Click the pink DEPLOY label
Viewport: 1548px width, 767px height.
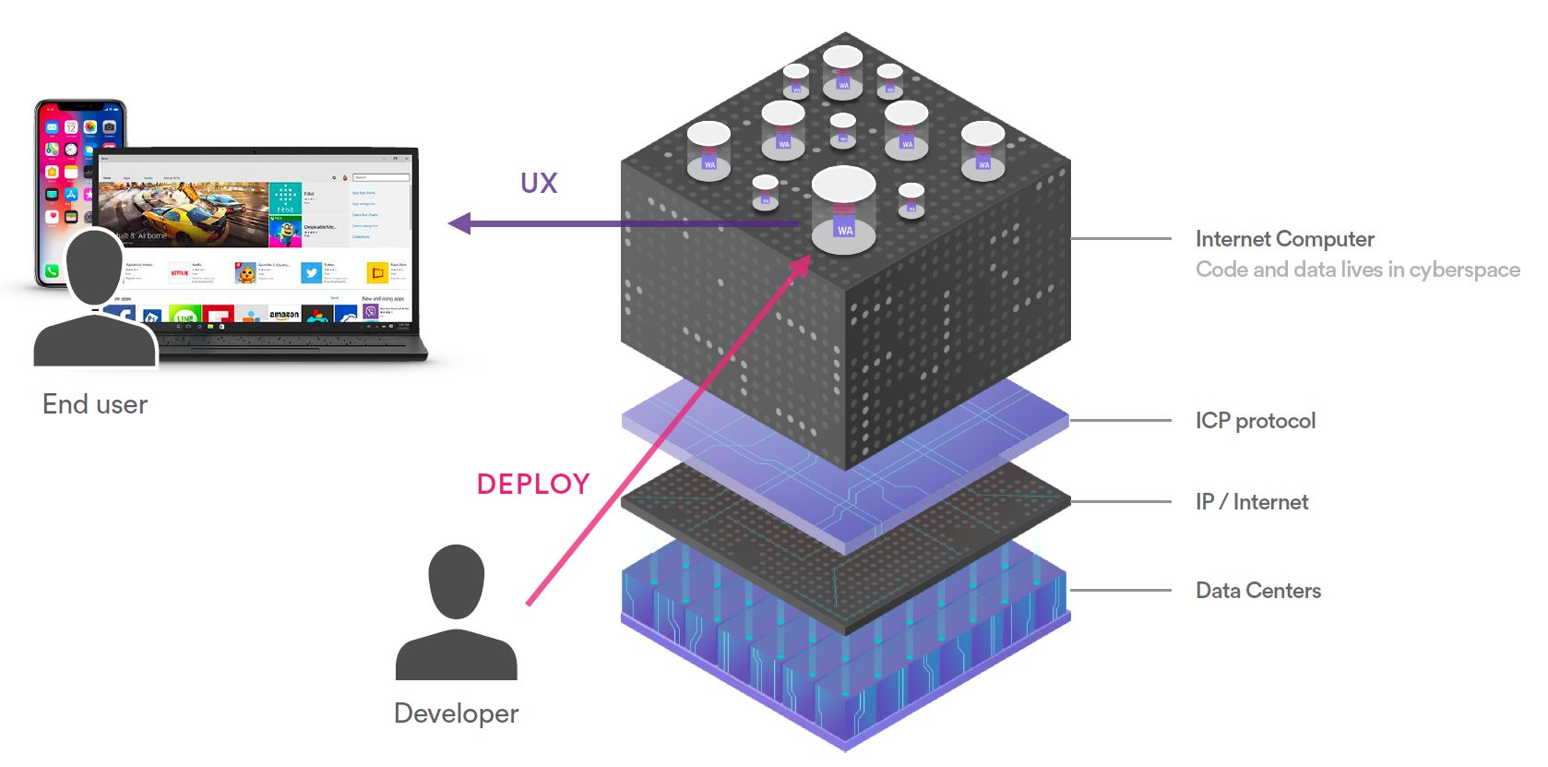[x=533, y=484]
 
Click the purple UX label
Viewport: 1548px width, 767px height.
[x=539, y=184]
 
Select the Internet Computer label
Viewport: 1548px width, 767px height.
[x=1284, y=239]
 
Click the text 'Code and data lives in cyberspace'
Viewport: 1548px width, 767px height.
[x=1357, y=270]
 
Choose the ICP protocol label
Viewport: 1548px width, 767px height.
[x=1256, y=421]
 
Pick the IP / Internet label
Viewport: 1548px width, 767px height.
[x=1252, y=502]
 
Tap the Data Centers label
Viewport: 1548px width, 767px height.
[x=1258, y=591]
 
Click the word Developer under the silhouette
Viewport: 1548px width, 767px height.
[x=456, y=713]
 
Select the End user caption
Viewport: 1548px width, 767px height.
[x=95, y=404]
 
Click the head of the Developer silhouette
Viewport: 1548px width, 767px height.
[x=457, y=581]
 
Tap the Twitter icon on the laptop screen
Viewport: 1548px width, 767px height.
[x=312, y=273]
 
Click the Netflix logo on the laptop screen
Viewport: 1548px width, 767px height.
[x=179, y=273]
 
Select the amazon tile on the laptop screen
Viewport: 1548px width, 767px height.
[x=284, y=315]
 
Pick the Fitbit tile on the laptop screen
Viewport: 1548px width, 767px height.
[x=285, y=198]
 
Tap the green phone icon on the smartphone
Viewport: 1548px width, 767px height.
[x=52, y=271]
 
